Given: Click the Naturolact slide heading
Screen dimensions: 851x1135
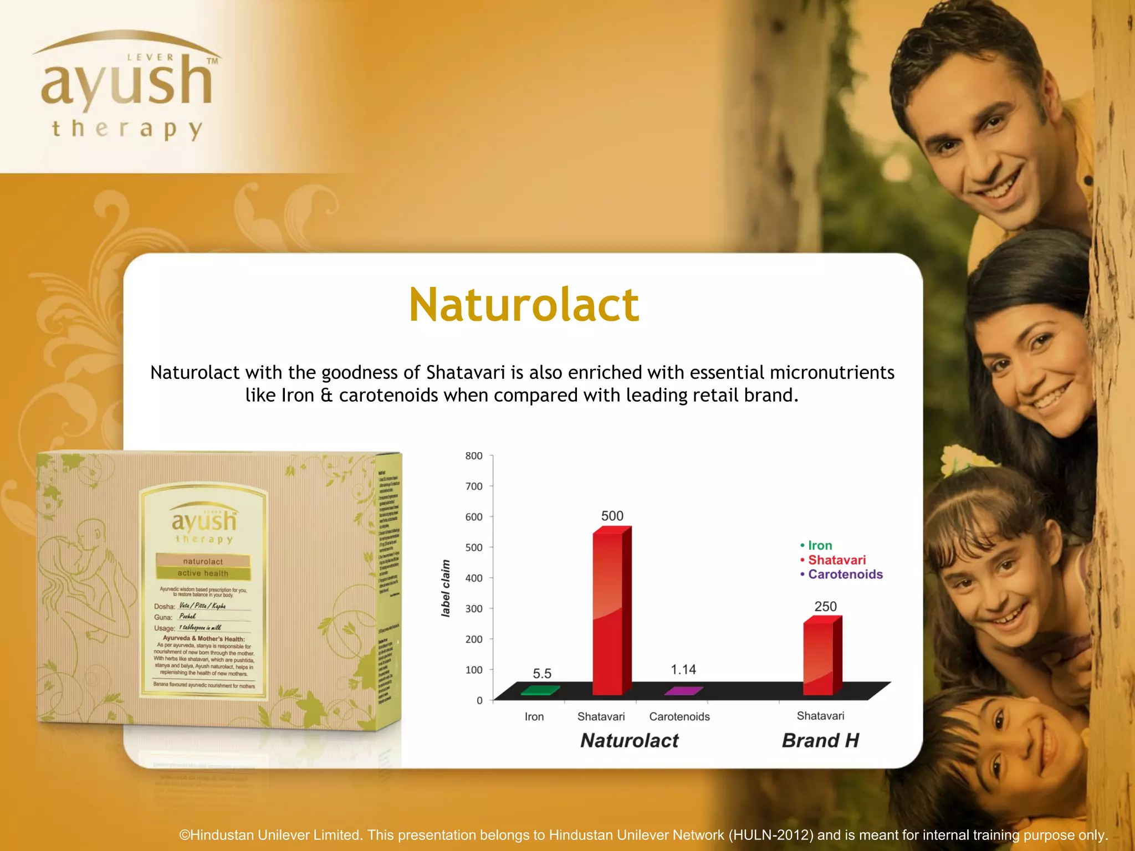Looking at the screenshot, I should [524, 305].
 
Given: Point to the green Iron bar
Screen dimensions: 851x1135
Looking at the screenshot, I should [540, 690].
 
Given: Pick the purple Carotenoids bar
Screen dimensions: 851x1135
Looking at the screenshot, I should [683, 691].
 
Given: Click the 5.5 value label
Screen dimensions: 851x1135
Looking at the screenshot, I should [542, 674].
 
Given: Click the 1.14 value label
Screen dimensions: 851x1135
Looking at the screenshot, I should [683, 670].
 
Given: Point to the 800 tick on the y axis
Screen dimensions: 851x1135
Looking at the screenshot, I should [474, 456].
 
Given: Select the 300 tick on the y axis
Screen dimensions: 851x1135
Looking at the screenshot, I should [474, 608].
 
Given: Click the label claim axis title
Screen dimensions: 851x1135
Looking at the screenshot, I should [446, 588].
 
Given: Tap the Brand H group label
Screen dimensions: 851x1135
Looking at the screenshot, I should [820, 741].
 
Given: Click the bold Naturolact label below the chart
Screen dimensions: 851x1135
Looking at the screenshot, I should [629, 741].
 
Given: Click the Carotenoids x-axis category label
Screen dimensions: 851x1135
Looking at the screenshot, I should [679, 717].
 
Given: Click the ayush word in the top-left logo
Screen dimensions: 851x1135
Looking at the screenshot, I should [126, 83].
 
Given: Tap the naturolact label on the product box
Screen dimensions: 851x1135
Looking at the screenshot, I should [203, 562].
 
